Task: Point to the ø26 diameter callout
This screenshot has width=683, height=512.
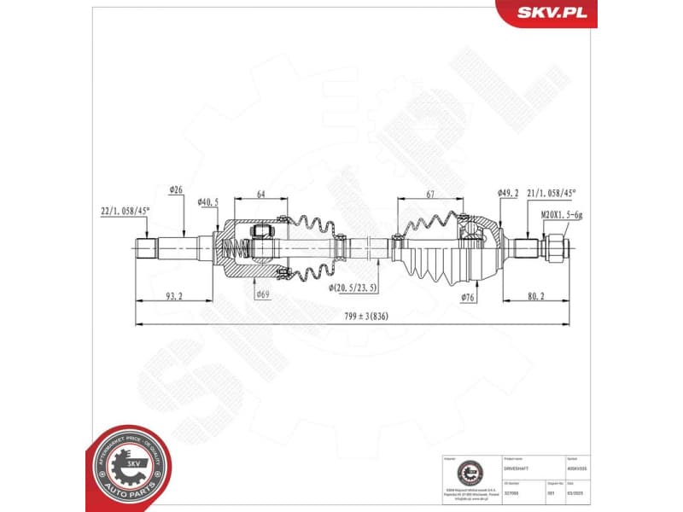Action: click(x=177, y=189)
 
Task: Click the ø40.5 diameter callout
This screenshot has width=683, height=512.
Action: click(x=208, y=202)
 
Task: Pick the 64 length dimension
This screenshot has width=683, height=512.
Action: click(x=261, y=195)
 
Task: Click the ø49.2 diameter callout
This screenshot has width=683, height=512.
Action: click(x=508, y=194)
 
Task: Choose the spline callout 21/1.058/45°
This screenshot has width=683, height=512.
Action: click(x=551, y=194)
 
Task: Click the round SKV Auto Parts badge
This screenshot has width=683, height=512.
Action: click(x=127, y=466)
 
